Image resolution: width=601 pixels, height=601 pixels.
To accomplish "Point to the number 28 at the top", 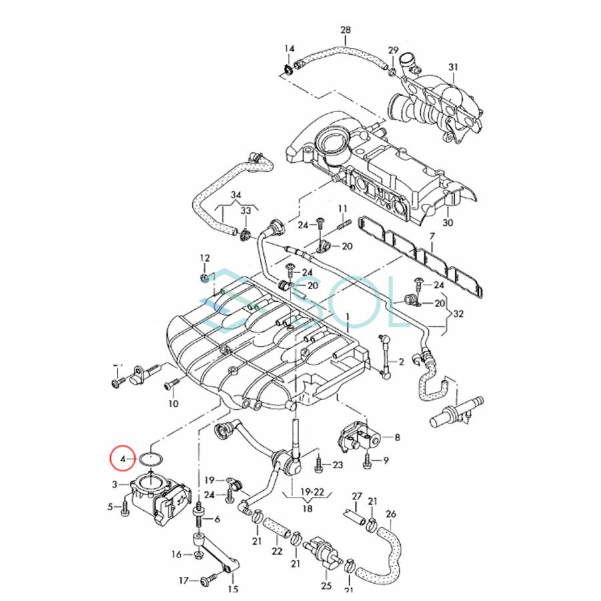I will point(345,31).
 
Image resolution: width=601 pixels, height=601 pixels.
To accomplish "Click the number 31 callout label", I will point(454,67).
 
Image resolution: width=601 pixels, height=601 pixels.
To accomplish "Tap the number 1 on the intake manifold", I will point(347,315).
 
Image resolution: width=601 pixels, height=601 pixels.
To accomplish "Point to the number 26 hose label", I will point(391,514).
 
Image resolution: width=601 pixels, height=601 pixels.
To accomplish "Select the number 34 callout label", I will point(235,195).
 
